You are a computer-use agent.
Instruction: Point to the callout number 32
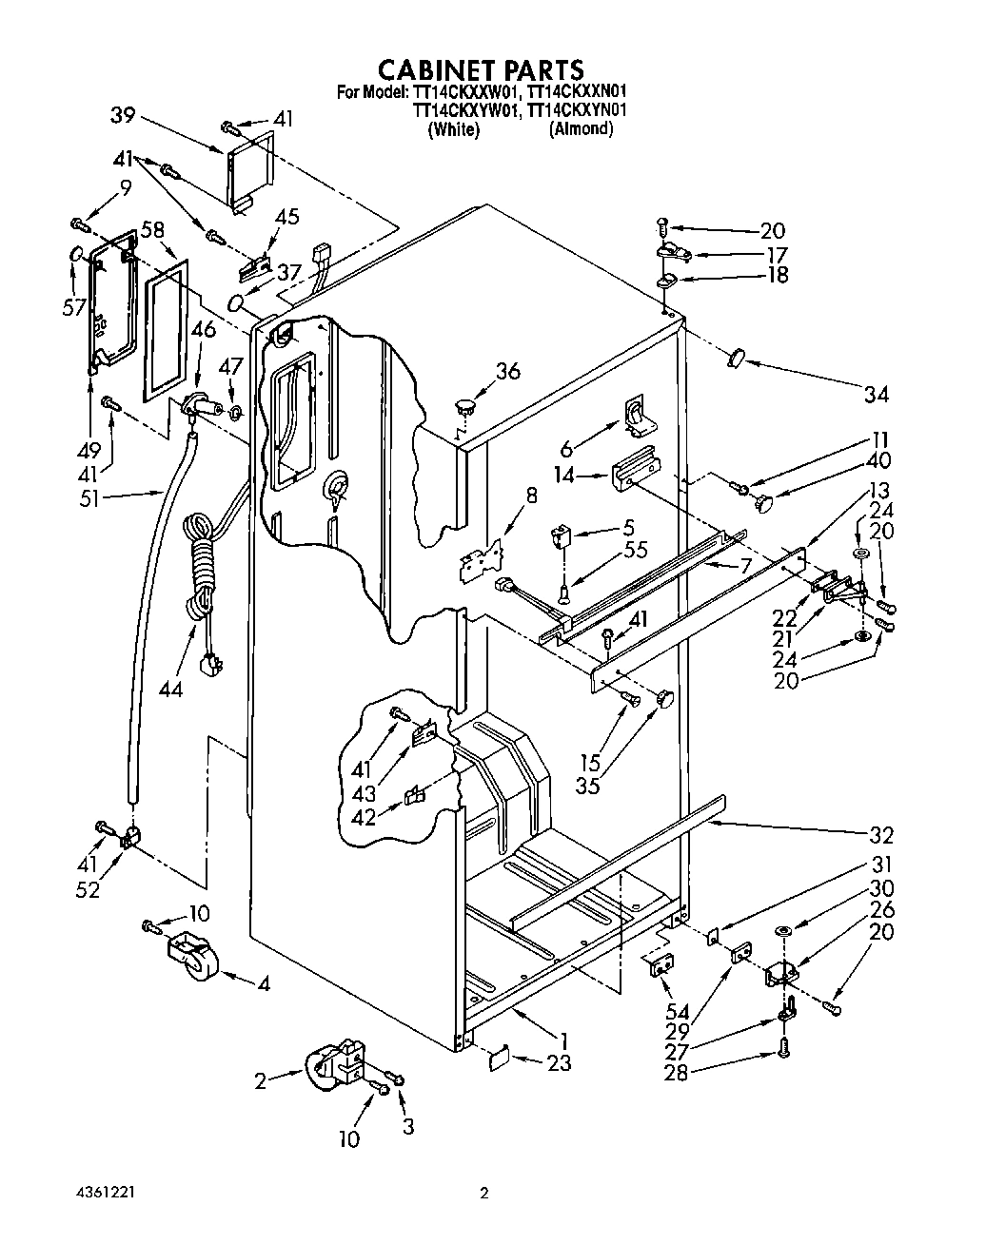(881, 835)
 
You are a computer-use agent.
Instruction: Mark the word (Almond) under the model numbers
(581, 128)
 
